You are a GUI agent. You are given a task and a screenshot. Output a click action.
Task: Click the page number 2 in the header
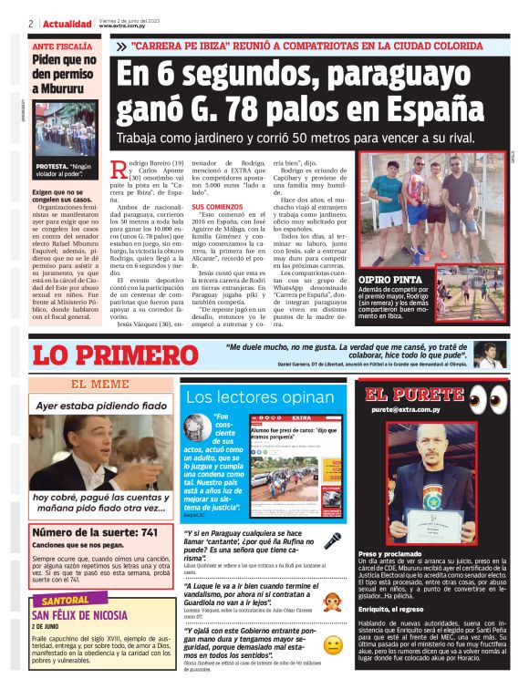pos(30,24)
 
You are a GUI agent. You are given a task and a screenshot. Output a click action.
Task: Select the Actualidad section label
pos(67,24)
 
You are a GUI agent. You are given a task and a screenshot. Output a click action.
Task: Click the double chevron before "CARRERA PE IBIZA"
pos(120,45)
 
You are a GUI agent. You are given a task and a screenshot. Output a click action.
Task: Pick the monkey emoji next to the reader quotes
pos(333,600)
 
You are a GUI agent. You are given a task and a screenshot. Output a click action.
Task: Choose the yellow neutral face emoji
pos(333,645)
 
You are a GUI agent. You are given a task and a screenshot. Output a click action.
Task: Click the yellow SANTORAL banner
pos(63,602)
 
